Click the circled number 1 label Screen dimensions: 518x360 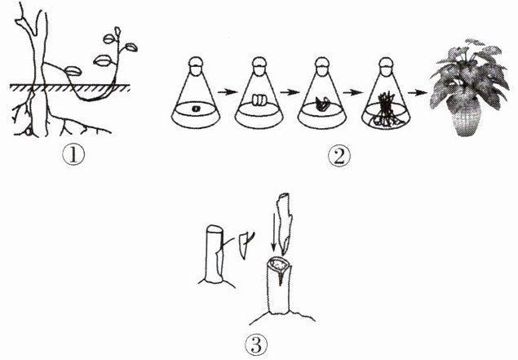[x=73, y=155]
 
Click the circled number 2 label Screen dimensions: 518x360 [x=339, y=156]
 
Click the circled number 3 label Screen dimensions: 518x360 [x=256, y=345]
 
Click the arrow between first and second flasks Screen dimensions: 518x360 [x=228, y=92]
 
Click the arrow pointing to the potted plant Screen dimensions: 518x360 [x=417, y=93]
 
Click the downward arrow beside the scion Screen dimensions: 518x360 [x=273, y=232]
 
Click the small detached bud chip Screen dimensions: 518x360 [x=244, y=245]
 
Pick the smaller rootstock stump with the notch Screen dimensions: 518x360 [x=214, y=255]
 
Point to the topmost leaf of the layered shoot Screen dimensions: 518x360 [x=118, y=31]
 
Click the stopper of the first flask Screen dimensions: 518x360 [x=196, y=64]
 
